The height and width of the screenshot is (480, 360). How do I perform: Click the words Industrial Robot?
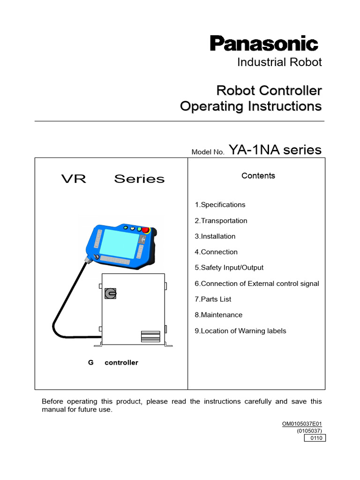click(x=279, y=62)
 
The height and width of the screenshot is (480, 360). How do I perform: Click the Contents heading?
click(x=258, y=176)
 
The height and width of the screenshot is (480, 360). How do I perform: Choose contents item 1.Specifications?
click(x=220, y=205)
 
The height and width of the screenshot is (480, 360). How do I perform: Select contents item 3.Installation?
click(x=215, y=236)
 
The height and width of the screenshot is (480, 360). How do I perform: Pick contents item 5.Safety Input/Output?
click(x=229, y=268)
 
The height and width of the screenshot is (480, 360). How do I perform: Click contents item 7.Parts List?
click(x=213, y=299)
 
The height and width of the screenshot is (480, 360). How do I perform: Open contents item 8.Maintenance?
click(x=219, y=315)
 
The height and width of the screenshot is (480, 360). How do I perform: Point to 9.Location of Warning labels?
click(x=240, y=331)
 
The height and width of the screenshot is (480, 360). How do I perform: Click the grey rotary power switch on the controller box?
click(x=110, y=293)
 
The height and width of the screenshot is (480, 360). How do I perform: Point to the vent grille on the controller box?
click(x=150, y=337)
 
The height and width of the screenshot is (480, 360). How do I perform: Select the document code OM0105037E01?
click(x=302, y=424)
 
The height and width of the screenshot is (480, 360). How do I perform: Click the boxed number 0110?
click(x=315, y=438)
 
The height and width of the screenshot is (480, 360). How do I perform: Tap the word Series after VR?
click(x=139, y=179)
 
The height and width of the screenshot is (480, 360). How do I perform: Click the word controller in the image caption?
click(x=121, y=363)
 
